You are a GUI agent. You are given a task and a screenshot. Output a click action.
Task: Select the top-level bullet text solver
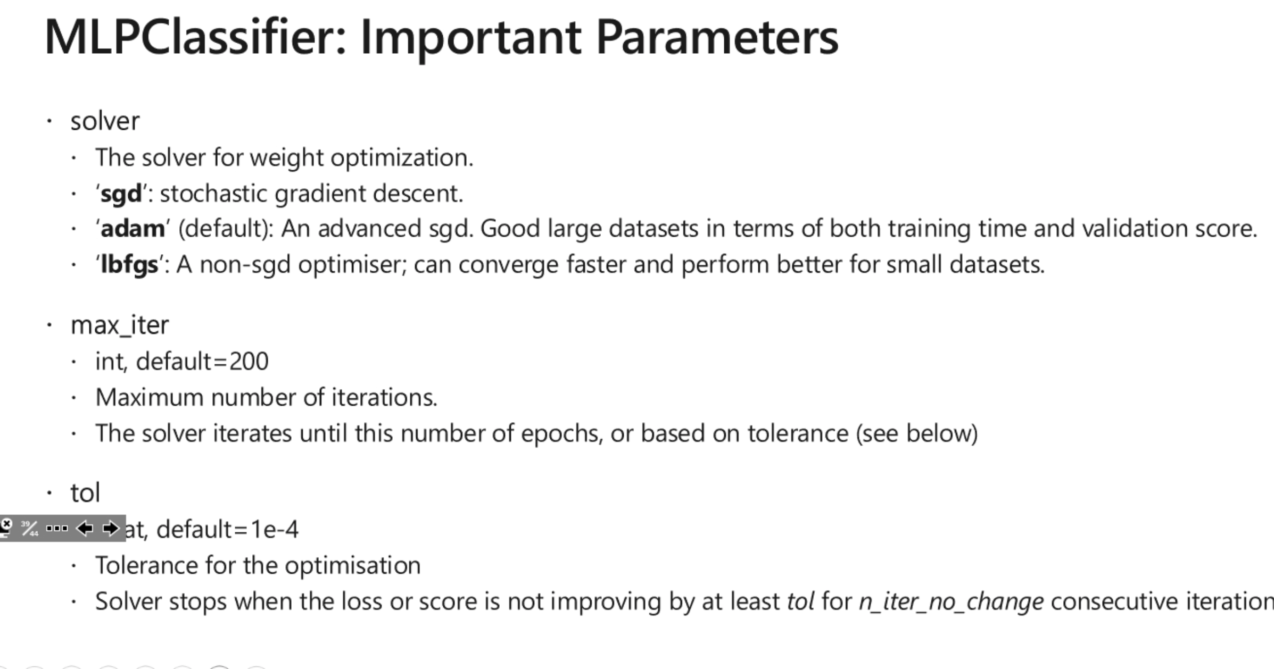coord(105,121)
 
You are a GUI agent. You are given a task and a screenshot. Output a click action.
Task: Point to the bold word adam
coord(133,229)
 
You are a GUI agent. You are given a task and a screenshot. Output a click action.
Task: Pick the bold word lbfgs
coord(129,265)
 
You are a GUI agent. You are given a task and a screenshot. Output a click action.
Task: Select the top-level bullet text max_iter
coord(120,325)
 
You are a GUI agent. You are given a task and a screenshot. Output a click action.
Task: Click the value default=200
coord(202,362)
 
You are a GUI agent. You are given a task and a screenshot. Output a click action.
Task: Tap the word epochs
coord(561,434)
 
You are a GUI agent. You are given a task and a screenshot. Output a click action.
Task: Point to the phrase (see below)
coord(916,434)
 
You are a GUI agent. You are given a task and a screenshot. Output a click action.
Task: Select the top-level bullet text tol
coord(85,493)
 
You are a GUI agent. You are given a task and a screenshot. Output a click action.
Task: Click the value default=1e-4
coord(227,529)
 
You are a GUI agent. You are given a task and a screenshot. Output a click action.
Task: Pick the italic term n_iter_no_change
coord(951,602)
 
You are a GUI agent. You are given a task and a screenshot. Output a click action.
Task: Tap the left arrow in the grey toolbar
coord(84,528)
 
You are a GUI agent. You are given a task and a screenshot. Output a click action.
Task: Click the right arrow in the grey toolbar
coord(111,528)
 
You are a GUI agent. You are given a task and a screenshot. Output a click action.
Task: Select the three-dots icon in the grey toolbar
coord(57,528)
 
